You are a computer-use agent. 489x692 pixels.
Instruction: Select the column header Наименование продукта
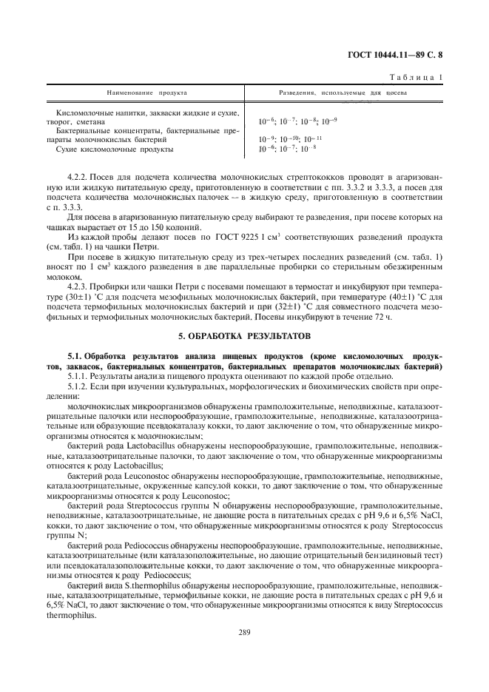pos(147,93)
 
